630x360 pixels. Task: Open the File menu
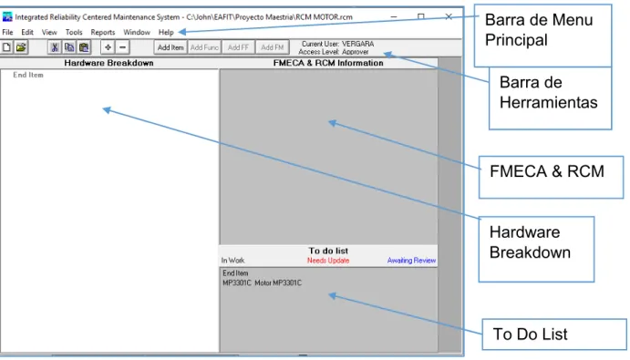coord(7,32)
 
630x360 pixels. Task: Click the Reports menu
coord(103,32)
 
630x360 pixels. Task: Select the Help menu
coord(166,32)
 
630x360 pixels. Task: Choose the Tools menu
coord(74,32)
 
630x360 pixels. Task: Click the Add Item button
coord(170,47)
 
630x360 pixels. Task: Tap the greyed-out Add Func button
coord(204,47)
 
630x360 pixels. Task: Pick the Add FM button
coord(273,47)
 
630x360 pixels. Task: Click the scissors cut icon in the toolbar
coord(55,47)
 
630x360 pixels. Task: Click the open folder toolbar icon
coord(21,47)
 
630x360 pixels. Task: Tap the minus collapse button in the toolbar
coord(122,47)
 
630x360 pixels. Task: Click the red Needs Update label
coord(328,261)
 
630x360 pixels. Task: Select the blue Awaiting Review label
coord(411,261)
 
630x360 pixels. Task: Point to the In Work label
coord(233,261)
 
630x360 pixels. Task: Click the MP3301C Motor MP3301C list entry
coord(262,283)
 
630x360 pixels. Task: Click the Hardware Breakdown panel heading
coord(108,63)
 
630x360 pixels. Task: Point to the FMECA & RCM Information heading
coord(328,63)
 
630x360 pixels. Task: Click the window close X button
coord(449,17)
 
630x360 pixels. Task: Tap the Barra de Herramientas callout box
coord(550,98)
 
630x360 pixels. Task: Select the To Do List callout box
coord(554,334)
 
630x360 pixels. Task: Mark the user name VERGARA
coord(358,44)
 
